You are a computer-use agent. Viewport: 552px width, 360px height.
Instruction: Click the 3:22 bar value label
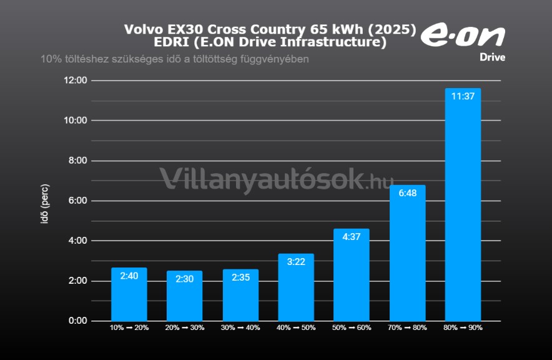click(296, 262)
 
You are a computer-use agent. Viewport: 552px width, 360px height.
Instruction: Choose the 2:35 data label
click(240, 279)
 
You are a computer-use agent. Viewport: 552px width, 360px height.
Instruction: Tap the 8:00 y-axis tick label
click(77, 161)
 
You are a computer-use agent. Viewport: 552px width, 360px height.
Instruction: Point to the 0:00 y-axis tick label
click(77, 321)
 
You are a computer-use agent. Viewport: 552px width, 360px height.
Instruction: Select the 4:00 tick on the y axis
click(77, 241)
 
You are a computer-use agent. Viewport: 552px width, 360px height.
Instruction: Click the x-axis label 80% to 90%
click(463, 327)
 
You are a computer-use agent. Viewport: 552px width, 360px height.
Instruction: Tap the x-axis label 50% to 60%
click(352, 327)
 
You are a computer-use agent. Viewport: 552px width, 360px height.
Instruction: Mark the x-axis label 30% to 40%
click(240, 327)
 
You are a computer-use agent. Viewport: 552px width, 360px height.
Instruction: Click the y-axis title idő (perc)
click(45, 204)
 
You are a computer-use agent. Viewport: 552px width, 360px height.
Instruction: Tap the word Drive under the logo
click(492, 57)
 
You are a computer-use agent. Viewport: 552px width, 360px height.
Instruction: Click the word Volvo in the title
click(143, 30)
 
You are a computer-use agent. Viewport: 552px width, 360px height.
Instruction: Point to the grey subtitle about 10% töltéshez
click(175, 59)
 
